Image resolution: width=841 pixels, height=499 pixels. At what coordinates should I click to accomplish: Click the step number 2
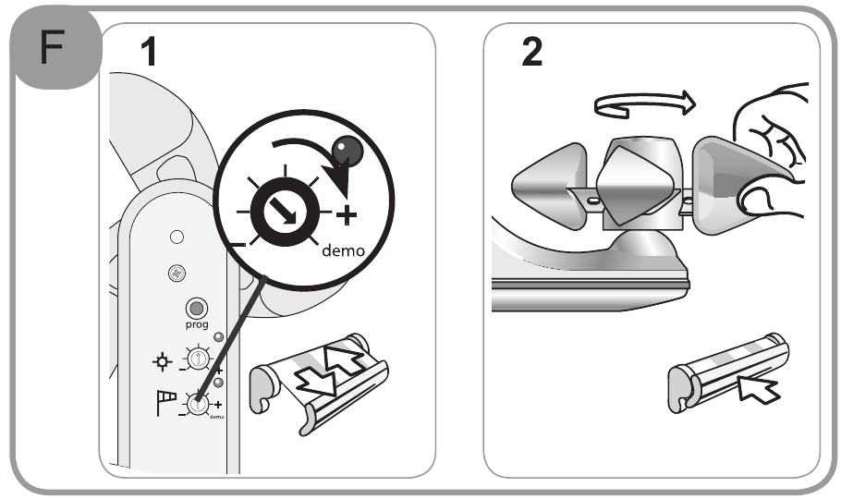tap(531, 53)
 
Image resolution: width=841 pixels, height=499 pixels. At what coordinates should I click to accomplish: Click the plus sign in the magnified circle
tap(346, 216)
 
